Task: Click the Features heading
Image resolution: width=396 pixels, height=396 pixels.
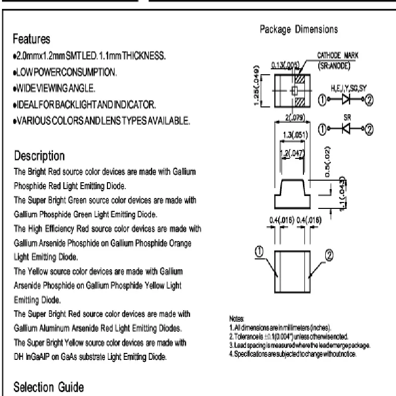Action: coord(32,39)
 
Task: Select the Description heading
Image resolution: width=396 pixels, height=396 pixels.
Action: coord(39,156)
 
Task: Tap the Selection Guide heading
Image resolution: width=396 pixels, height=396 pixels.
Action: coord(49,386)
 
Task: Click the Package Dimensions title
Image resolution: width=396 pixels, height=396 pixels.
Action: coord(299,29)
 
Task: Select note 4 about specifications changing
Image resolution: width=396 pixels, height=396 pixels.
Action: coord(293,353)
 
